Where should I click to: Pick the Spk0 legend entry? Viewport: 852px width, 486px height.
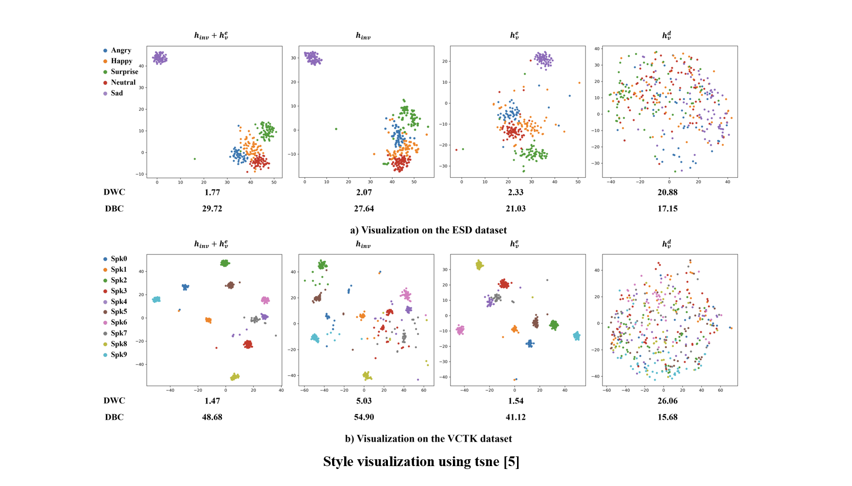click(x=118, y=259)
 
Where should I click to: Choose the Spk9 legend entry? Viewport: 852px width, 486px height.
click(x=118, y=354)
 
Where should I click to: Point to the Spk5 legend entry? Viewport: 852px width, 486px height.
click(x=118, y=312)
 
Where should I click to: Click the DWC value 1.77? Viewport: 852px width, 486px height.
click(x=212, y=192)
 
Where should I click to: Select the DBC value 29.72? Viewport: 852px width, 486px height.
click(x=212, y=209)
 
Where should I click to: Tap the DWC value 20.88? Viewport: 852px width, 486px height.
click(x=668, y=192)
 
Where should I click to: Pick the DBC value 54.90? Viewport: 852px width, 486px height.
click(x=364, y=417)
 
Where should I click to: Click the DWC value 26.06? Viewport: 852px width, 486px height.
click(x=668, y=401)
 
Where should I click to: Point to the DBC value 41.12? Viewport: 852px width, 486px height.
click(x=516, y=417)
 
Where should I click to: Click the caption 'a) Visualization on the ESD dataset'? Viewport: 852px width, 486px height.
click(x=428, y=230)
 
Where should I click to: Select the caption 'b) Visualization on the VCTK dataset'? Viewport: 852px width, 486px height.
click(x=428, y=439)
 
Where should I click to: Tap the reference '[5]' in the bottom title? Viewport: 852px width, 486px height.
click(x=511, y=462)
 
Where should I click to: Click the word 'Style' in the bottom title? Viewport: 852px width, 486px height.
click(x=338, y=462)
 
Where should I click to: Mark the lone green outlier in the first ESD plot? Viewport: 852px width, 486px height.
click(x=195, y=159)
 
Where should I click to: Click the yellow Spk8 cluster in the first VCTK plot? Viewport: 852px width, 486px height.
click(x=235, y=376)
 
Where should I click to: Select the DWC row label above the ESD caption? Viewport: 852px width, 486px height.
click(x=114, y=192)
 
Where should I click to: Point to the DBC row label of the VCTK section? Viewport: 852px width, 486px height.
click(x=114, y=417)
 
